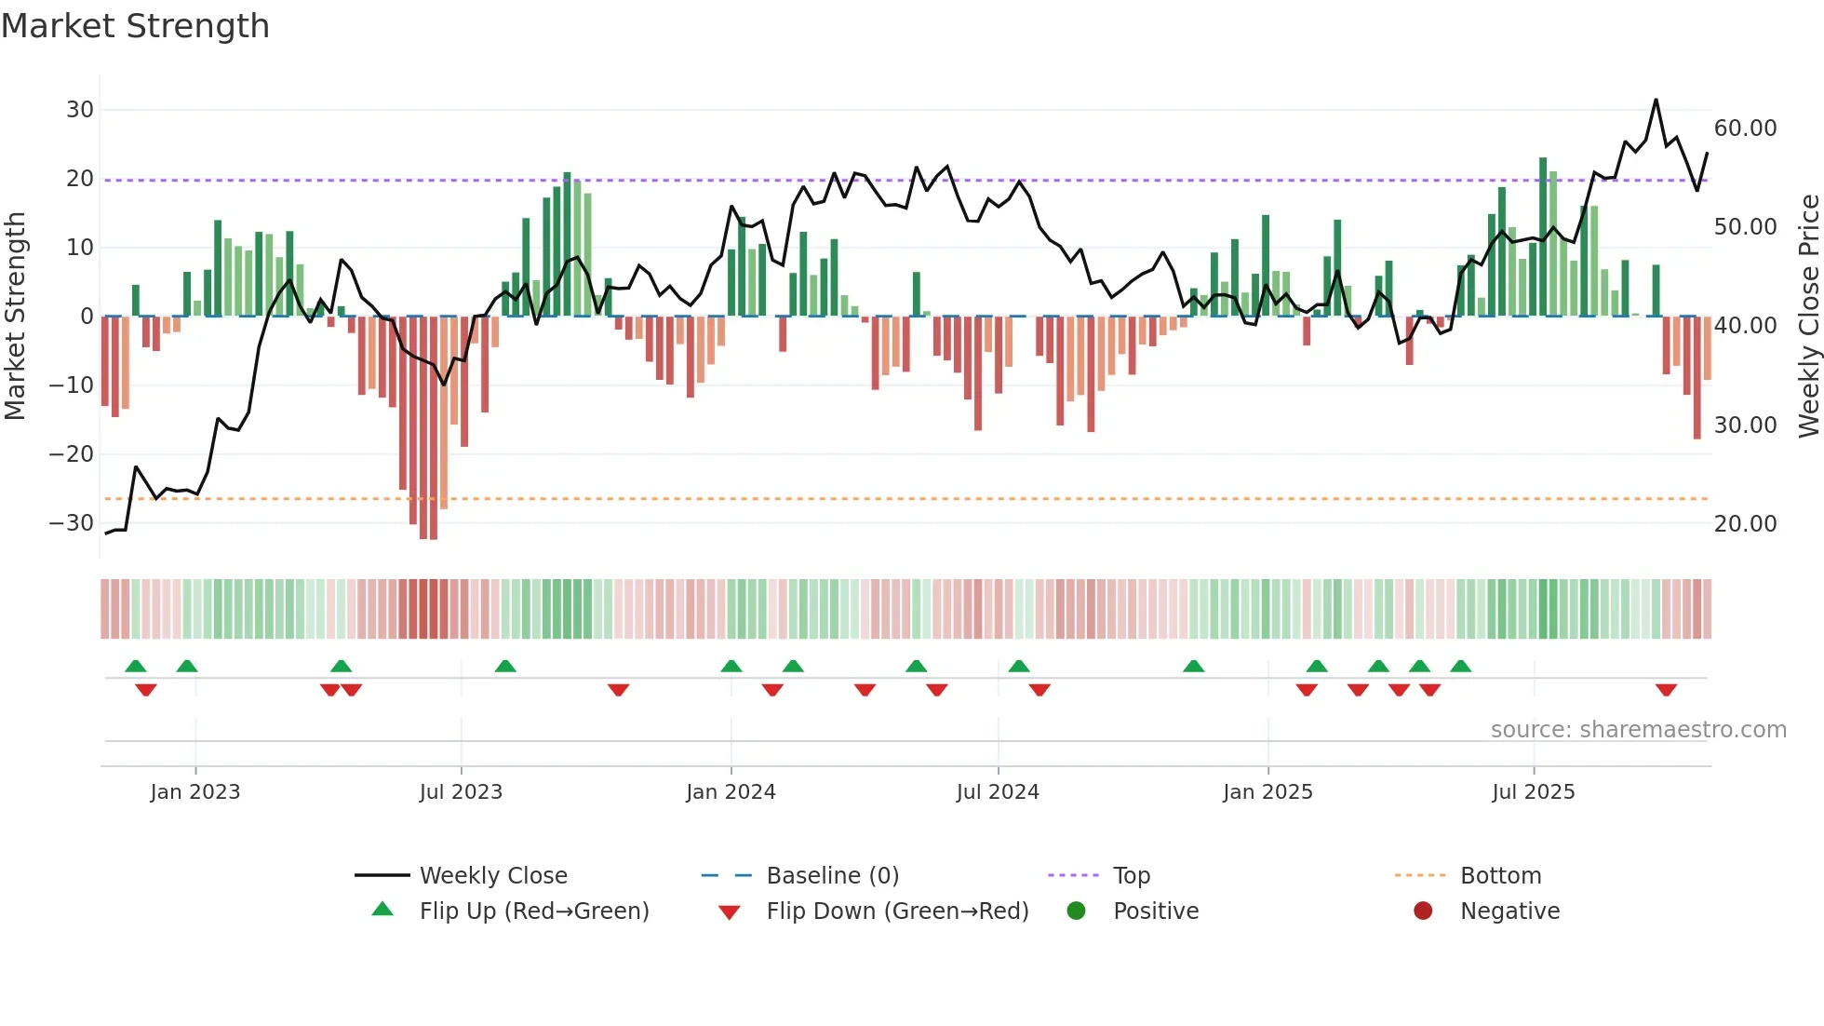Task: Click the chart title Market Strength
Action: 135,26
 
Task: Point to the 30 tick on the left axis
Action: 80,110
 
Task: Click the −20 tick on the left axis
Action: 72,454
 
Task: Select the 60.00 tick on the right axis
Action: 1745,128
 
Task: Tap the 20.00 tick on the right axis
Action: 1745,524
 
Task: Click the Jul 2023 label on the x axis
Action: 461,792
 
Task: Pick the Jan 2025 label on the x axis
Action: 1267,792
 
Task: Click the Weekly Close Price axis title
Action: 1808,317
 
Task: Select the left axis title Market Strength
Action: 15,317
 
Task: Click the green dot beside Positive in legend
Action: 1076,911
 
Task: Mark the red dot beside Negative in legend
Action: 1423,911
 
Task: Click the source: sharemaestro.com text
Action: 1638,730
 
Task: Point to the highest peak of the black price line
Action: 1656,100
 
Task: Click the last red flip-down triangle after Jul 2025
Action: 1666,690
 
